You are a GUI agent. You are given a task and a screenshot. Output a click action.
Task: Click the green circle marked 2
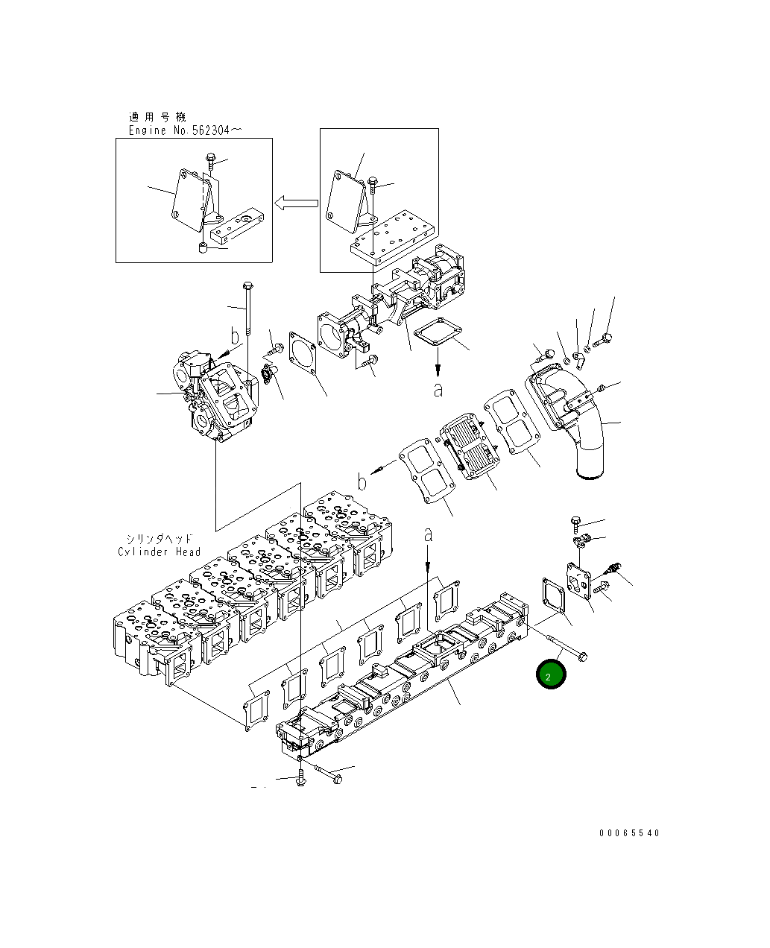pyautogui.click(x=551, y=674)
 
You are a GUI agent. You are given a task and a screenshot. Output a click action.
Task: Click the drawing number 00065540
pyautogui.click(x=629, y=833)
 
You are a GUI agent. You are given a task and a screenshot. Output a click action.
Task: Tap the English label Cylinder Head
pyautogui.click(x=160, y=552)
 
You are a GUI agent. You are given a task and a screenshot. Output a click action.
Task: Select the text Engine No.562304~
pyautogui.click(x=185, y=130)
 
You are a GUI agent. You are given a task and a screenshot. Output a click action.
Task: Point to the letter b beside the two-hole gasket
pyautogui.click(x=362, y=482)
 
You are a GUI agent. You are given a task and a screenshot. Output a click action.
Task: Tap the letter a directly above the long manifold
pyautogui.click(x=428, y=534)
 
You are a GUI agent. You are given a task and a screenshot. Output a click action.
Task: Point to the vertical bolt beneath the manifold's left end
pyautogui.click(x=300, y=778)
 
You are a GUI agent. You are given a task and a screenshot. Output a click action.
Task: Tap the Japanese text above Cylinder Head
pyautogui.click(x=159, y=538)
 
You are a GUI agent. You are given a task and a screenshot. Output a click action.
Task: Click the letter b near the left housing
pyautogui.click(x=234, y=337)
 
